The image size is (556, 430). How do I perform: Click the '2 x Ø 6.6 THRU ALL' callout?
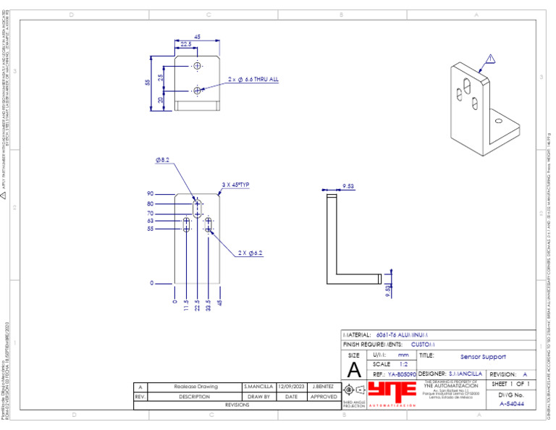tap(253, 79)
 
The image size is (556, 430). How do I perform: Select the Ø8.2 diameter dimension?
tap(162, 160)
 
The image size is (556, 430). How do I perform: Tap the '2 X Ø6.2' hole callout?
tap(250, 253)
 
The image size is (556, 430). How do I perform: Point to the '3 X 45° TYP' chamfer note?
tap(235, 185)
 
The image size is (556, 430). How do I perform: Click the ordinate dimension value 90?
tap(151, 194)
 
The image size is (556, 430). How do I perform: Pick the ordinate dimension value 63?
tap(151, 221)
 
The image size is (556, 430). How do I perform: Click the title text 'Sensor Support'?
tap(483, 357)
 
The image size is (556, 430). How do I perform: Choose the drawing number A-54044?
tap(512, 403)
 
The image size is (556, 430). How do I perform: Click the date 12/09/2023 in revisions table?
tap(291, 387)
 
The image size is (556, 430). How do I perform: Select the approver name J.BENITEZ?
tap(324, 387)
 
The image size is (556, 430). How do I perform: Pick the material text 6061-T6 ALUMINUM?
tap(403, 335)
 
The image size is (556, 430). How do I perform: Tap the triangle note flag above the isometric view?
tap(490, 59)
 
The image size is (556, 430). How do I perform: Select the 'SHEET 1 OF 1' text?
tap(511, 384)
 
